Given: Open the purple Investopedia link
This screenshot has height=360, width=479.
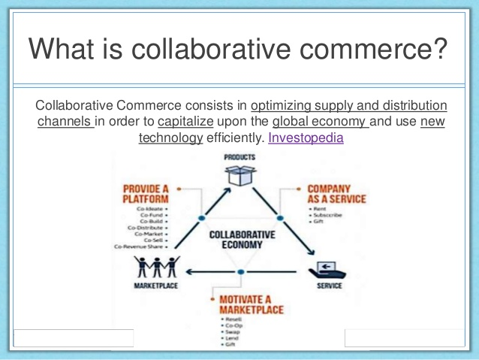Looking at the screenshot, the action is [306, 138].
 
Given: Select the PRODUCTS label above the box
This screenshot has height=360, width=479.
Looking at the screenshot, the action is [239, 157].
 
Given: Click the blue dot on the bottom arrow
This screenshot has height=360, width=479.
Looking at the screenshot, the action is [239, 271].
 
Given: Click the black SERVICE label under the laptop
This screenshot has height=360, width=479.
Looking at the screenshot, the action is [329, 286].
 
